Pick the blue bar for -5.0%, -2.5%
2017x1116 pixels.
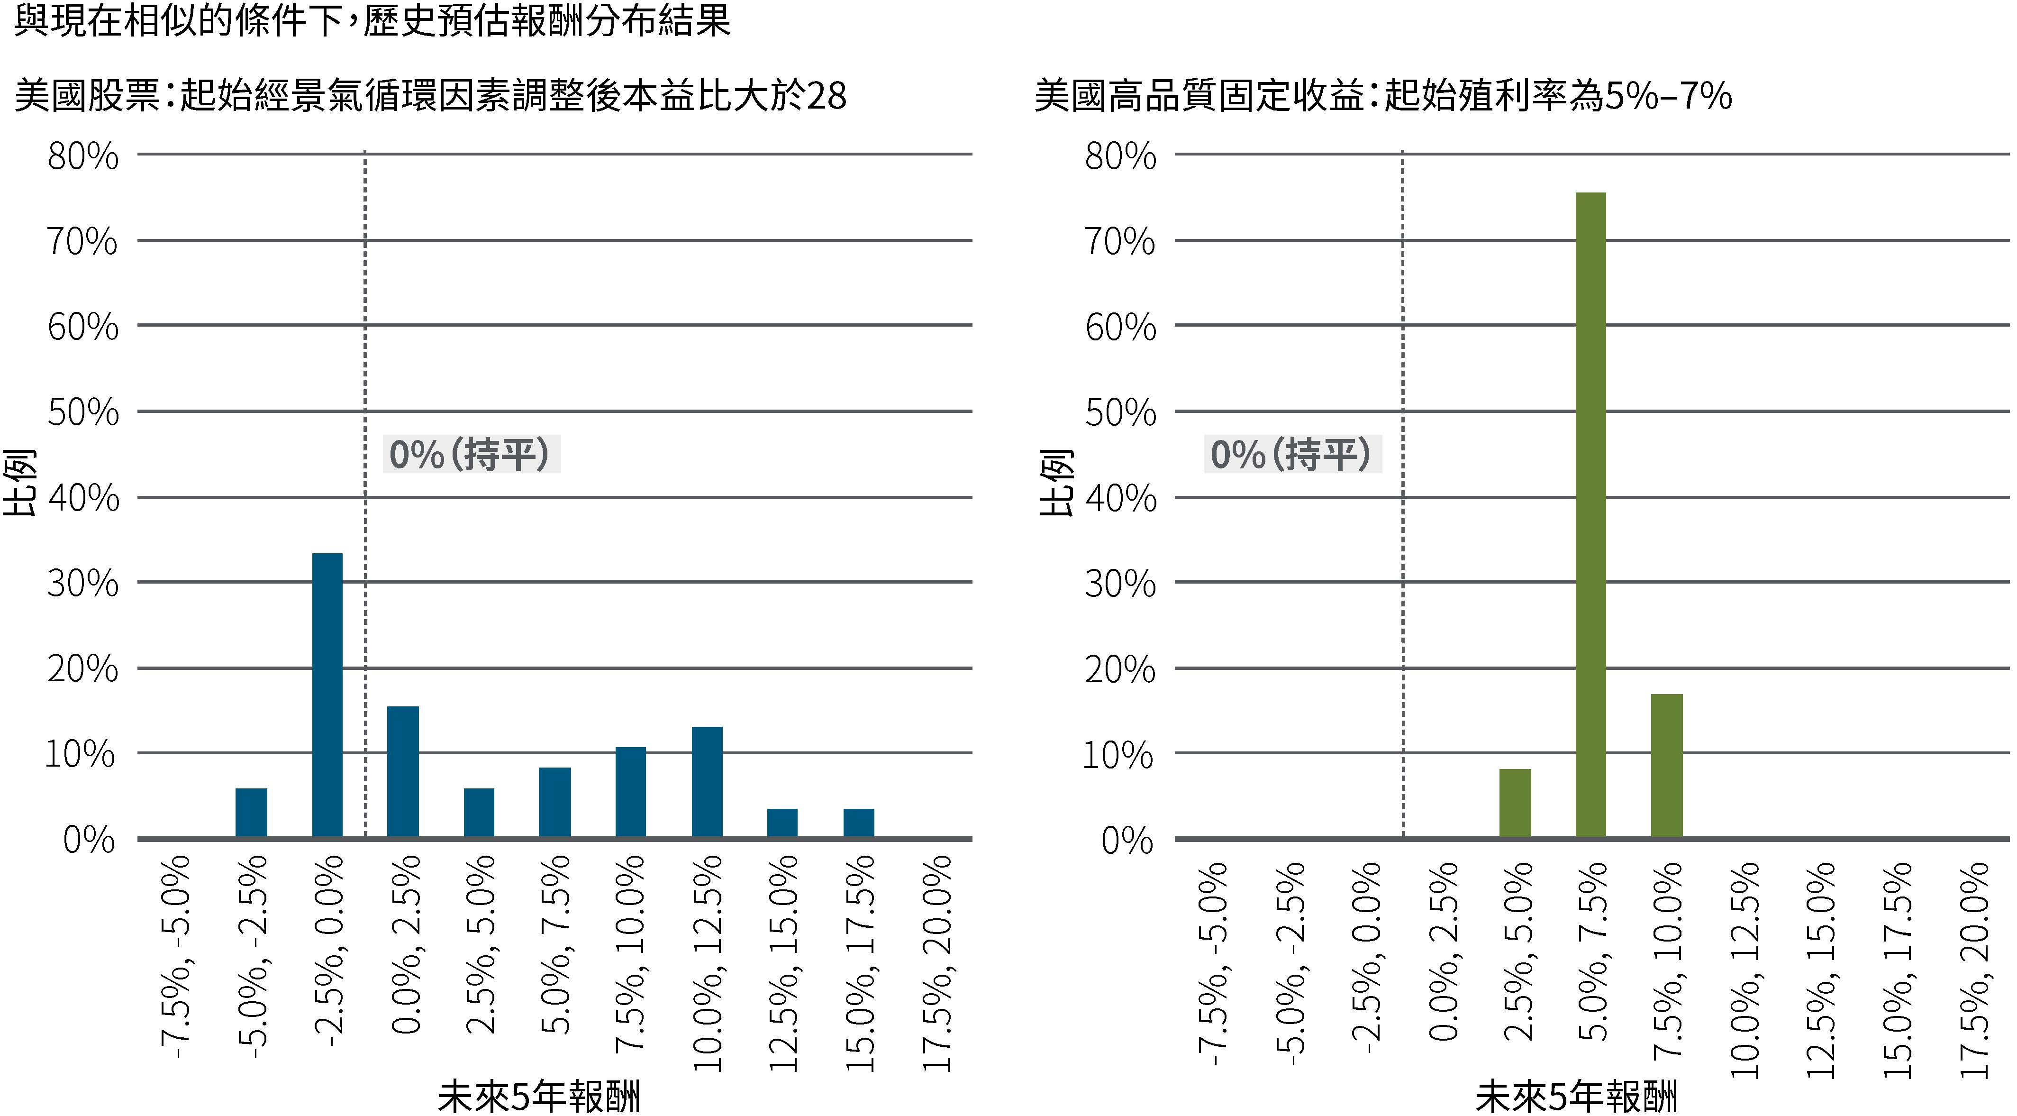pyautogui.click(x=251, y=813)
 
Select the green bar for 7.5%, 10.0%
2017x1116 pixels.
pyautogui.click(x=1666, y=766)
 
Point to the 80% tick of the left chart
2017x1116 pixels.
pyautogui.click(x=83, y=156)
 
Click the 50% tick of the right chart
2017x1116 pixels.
pyautogui.click(x=1120, y=413)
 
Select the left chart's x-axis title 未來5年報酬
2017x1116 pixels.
pyautogui.click(x=539, y=1097)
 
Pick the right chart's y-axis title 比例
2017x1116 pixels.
pyautogui.click(x=1056, y=483)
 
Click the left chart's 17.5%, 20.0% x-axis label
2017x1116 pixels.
pyautogui.click(x=937, y=963)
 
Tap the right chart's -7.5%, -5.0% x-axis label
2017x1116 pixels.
pyautogui.click(x=1212, y=963)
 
